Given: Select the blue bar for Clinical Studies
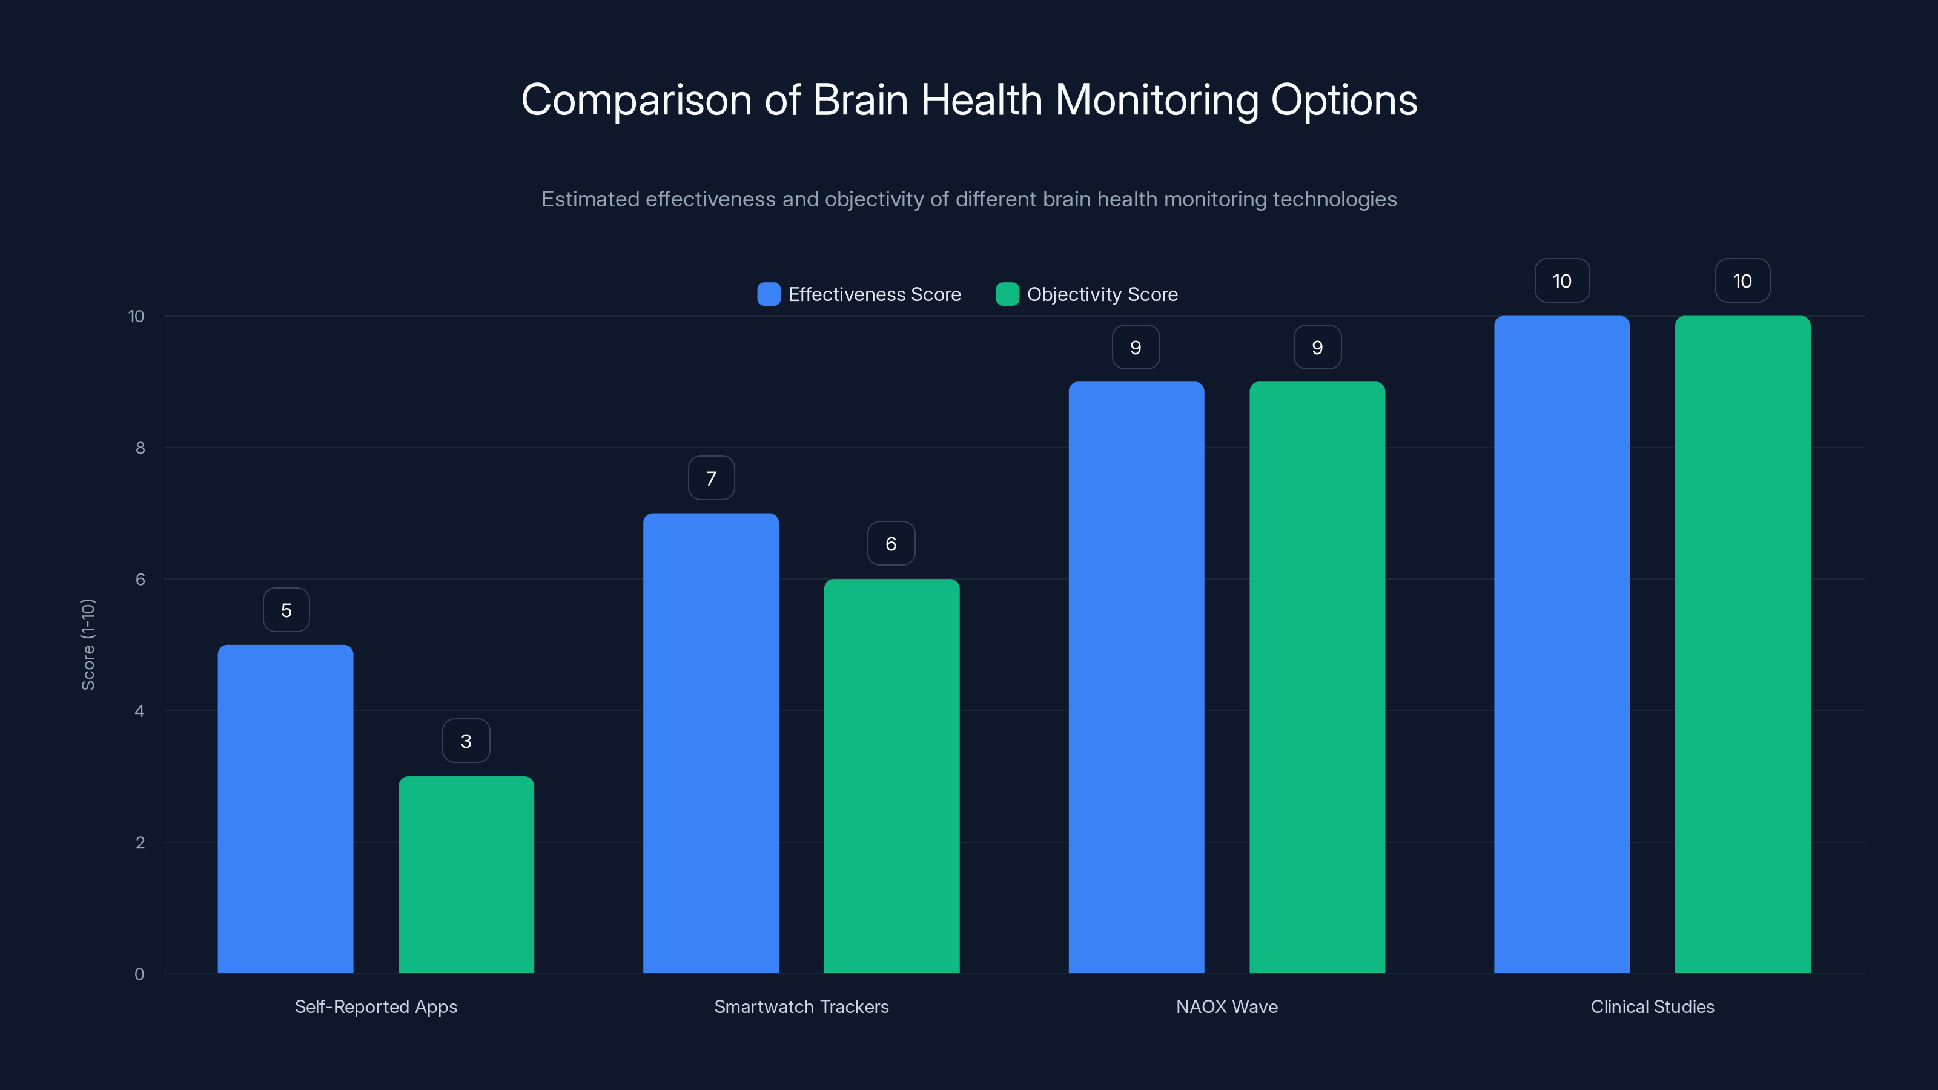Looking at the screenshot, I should pyautogui.click(x=1561, y=645).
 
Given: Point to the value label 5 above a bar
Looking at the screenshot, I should pyautogui.click(x=286, y=610).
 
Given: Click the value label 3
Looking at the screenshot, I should pyautogui.click(x=466, y=741).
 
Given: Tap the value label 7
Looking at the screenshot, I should pyautogui.click(x=711, y=478).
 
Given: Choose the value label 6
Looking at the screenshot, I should pyautogui.click(x=891, y=544).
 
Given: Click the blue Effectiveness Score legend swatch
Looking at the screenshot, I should pyautogui.click(x=768, y=294).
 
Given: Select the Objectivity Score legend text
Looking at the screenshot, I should pyautogui.click(x=1102, y=294).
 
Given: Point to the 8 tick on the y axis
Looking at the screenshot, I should pyautogui.click(x=140, y=448).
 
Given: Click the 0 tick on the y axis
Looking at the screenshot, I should pyautogui.click(x=139, y=974).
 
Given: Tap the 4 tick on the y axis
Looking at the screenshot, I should pyautogui.click(x=139, y=711).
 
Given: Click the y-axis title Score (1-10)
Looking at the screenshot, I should pyautogui.click(x=88, y=644).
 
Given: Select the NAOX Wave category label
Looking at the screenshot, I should pyautogui.click(x=1226, y=1006).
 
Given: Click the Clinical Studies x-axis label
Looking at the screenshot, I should pyautogui.click(x=1652, y=1006).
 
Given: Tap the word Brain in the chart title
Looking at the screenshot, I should pyautogui.click(x=861, y=100).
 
